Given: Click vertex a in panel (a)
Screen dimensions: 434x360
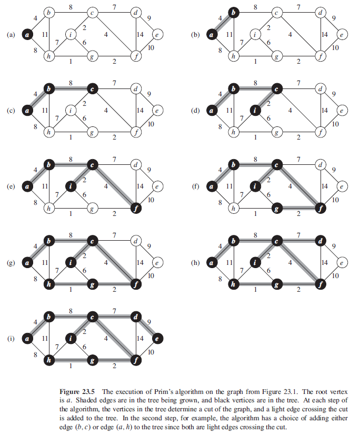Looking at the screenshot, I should pos(28,35).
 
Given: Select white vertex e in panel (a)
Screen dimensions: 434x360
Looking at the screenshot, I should pos(157,35).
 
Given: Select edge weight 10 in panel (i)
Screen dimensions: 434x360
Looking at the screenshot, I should pos(151,351).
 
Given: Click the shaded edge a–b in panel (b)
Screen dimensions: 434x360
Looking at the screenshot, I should pos(218,24).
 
